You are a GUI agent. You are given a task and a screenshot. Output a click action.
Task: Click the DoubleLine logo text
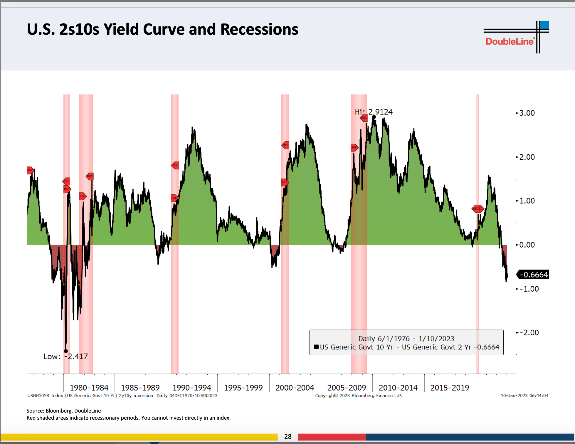(510, 41)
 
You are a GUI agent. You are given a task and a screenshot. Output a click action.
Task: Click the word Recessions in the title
(259, 29)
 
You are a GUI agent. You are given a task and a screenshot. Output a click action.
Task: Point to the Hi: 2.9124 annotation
(374, 112)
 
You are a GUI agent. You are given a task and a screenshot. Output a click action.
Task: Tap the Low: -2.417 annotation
(65, 356)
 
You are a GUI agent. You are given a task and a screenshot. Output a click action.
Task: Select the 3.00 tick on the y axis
(527, 113)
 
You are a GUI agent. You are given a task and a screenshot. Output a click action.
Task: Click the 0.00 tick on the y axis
(527, 245)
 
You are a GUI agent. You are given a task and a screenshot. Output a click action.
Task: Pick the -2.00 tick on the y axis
(529, 333)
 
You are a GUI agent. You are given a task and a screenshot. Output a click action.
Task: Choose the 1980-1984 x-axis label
(89, 388)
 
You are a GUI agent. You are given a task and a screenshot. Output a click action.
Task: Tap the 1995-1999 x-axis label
(243, 388)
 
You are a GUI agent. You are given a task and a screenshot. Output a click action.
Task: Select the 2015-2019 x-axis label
(450, 388)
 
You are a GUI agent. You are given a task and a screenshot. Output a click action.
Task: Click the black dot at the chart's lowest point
(66, 351)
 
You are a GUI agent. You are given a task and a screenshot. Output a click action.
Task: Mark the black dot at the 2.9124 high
(374, 117)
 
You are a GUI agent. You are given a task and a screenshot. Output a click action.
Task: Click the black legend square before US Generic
(316, 347)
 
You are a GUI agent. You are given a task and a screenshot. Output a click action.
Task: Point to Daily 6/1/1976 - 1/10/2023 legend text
(406, 339)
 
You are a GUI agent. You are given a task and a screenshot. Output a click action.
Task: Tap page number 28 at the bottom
(288, 437)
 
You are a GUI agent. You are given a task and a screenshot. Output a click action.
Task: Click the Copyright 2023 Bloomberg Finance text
(359, 396)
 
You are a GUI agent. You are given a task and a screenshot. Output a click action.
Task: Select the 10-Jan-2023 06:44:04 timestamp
(524, 396)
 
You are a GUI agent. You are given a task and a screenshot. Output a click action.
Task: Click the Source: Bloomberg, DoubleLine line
(64, 411)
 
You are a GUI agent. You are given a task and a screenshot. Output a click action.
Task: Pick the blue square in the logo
(544, 25)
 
